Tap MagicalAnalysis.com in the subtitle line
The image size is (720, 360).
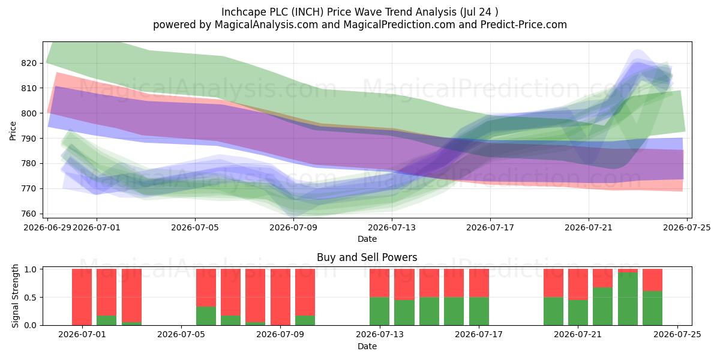tap(266, 25)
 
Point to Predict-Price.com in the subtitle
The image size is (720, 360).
tap(524, 25)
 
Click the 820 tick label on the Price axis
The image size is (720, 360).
tap(28, 63)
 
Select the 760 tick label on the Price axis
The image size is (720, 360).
tap(28, 214)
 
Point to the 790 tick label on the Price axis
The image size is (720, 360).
tap(28, 139)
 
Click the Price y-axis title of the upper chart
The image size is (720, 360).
tap(13, 131)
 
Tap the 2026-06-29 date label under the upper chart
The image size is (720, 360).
tap(47, 227)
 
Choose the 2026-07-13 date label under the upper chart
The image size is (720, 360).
tap(392, 227)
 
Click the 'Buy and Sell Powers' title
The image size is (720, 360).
tap(367, 257)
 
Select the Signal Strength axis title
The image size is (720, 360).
tap(15, 296)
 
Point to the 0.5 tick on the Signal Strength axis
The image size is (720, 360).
tap(31, 298)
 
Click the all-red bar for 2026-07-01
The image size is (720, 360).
tap(82, 297)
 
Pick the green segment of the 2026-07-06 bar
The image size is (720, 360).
tap(206, 316)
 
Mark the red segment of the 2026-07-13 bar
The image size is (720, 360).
tap(379, 283)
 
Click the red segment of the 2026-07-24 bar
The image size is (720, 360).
tap(653, 280)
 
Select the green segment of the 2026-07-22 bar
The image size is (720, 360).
tap(602, 307)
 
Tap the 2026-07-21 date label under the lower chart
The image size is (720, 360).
tap(578, 335)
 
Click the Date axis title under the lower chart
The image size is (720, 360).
tap(367, 346)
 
